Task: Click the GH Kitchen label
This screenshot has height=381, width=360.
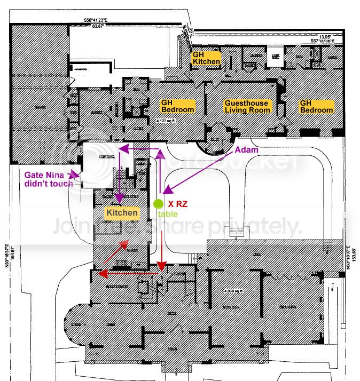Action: click(206, 58)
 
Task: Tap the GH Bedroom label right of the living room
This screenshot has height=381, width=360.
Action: click(316, 106)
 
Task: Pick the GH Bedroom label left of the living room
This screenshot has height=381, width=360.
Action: click(177, 106)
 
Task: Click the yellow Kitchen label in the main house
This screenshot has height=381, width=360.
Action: click(121, 213)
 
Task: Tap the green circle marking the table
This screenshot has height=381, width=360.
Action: click(158, 203)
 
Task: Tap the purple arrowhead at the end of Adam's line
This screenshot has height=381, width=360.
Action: click(166, 190)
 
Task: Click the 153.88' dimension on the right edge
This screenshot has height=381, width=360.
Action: click(354, 258)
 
